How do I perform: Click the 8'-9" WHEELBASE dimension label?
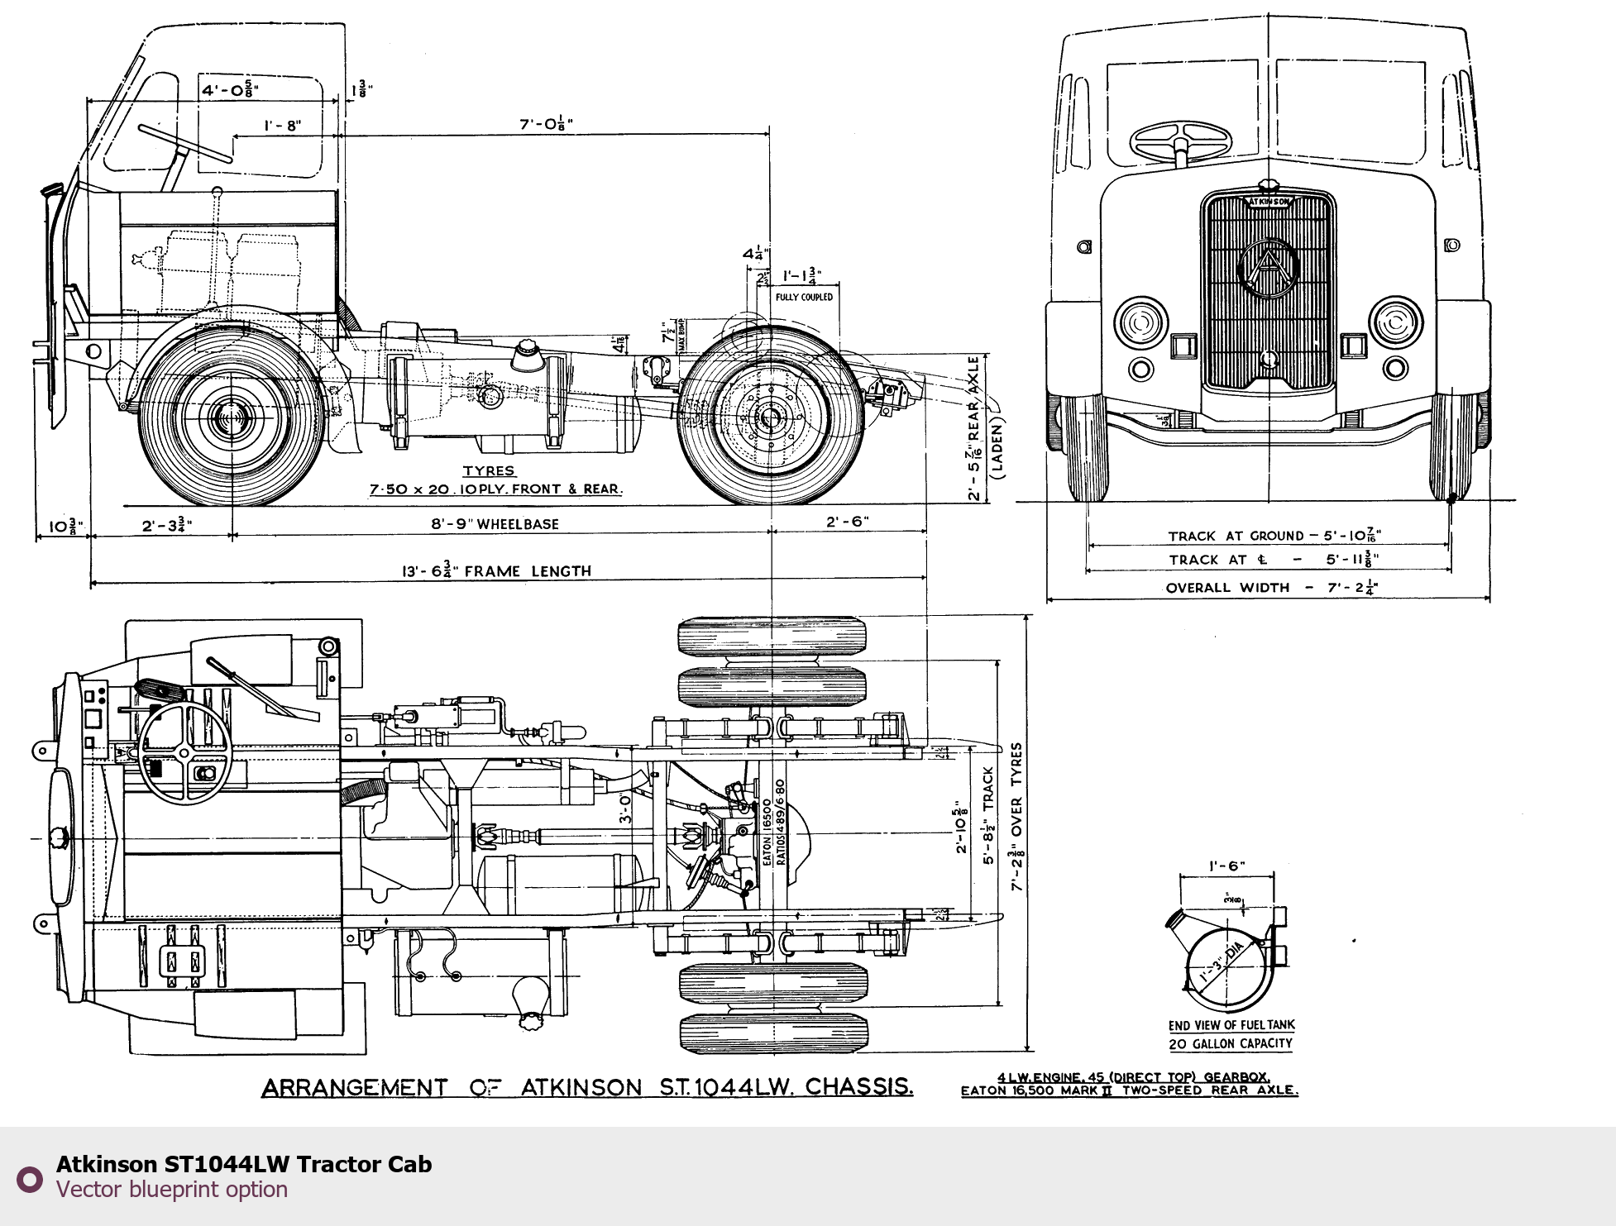(x=495, y=524)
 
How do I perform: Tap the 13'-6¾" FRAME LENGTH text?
(x=496, y=571)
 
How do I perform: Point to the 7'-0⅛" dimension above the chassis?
(x=546, y=124)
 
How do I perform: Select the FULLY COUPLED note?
(x=804, y=297)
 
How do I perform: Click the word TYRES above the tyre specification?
(x=489, y=470)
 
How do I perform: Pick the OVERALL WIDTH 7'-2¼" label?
(x=1271, y=588)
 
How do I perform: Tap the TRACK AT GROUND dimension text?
(x=1274, y=536)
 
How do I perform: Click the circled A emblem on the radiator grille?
(x=1268, y=268)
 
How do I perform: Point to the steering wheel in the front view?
(x=1180, y=142)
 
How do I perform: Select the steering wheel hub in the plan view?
(x=183, y=751)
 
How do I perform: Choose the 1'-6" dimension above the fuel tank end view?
(x=1226, y=866)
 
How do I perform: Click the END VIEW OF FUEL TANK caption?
(x=1231, y=1025)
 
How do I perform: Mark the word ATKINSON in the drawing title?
(x=581, y=1087)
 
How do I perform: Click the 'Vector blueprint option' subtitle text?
(x=172, y=1190)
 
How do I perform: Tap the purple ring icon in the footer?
(x=30, y=1179)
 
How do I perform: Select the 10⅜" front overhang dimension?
(x=65, y=526)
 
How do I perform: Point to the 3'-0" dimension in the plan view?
(x=626, y=808)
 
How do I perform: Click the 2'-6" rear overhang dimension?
(x=848, y=522)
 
